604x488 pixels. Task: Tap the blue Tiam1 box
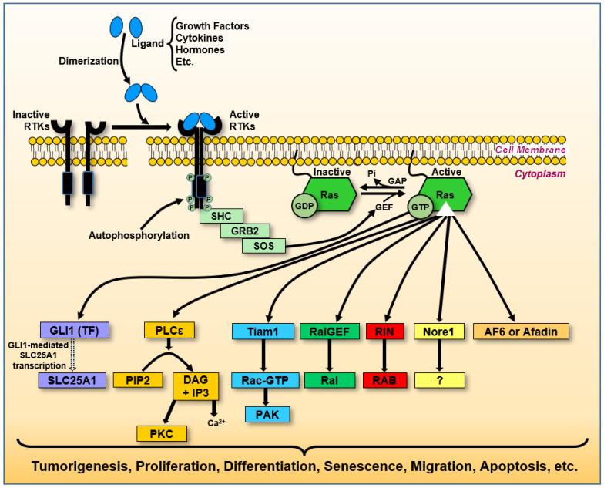click(262, 331)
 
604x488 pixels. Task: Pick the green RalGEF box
click(331, 331)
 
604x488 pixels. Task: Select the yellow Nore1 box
click(443, 331)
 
